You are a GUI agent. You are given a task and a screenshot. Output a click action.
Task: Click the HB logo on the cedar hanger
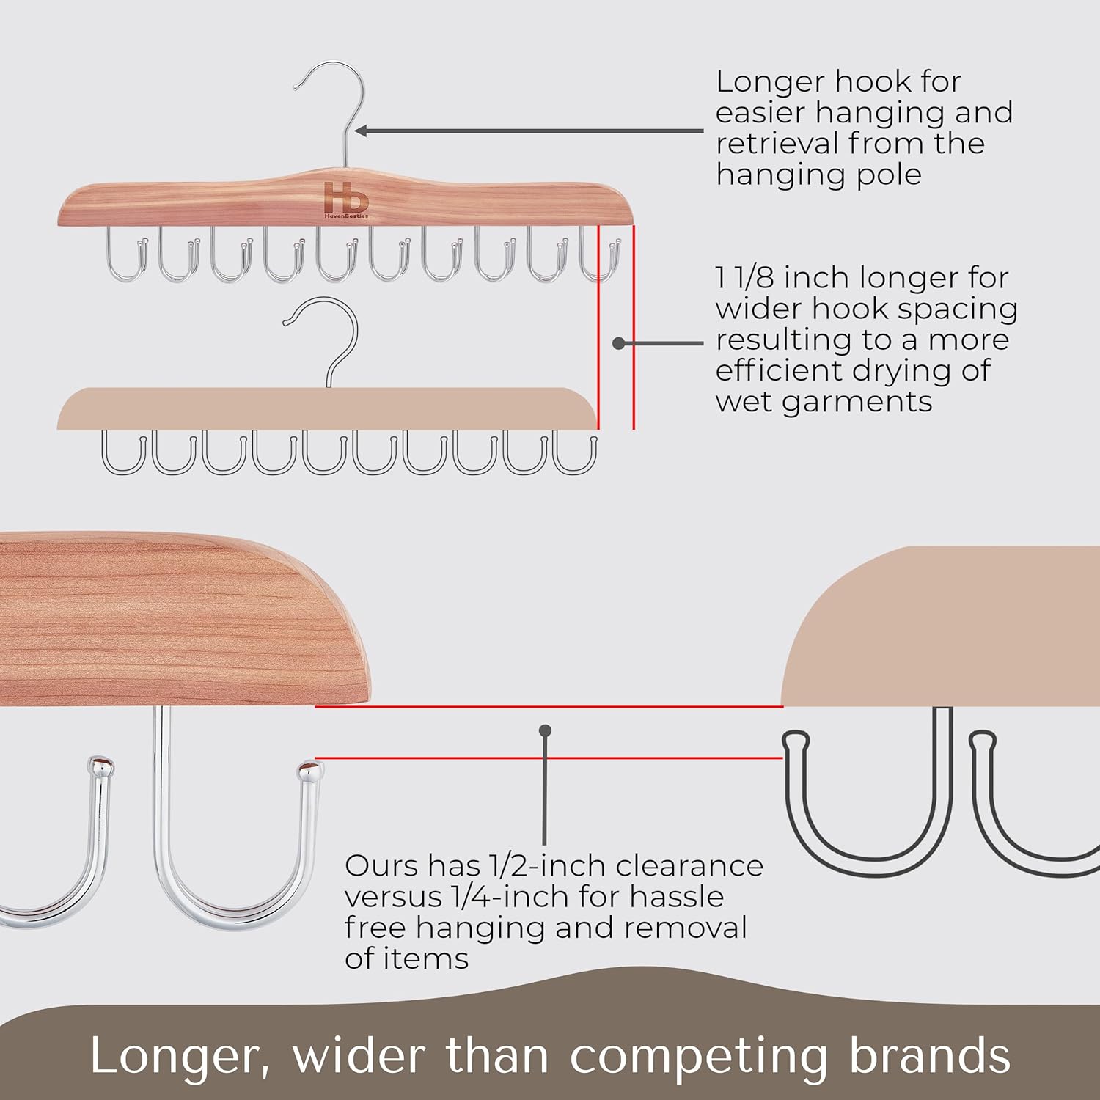[346, 199]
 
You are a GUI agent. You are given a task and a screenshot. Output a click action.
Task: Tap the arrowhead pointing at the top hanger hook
[362, 131]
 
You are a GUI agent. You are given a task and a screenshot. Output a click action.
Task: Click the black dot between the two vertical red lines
[619, 342]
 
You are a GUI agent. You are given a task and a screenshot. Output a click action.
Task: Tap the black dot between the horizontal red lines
[545, 730]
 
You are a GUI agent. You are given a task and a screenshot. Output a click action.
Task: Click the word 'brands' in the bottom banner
[930, 1056]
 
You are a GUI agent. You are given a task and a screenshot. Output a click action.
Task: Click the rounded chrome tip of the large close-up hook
[311, 771]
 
